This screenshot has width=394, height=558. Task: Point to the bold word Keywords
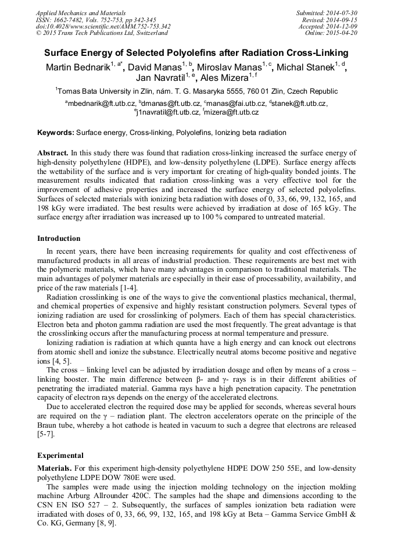point(56,133)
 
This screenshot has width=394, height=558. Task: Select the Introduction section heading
point(59,239)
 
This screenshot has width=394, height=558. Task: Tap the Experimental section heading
point(60,456)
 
